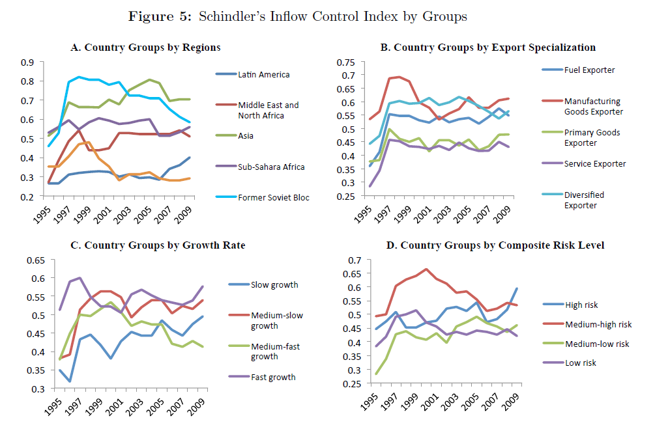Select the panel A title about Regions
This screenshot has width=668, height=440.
tap(145, 48)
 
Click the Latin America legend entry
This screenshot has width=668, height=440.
tap(264, 74)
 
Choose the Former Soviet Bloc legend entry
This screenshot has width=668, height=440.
tap(273, 197)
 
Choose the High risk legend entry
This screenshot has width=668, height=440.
tap(582, 305)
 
